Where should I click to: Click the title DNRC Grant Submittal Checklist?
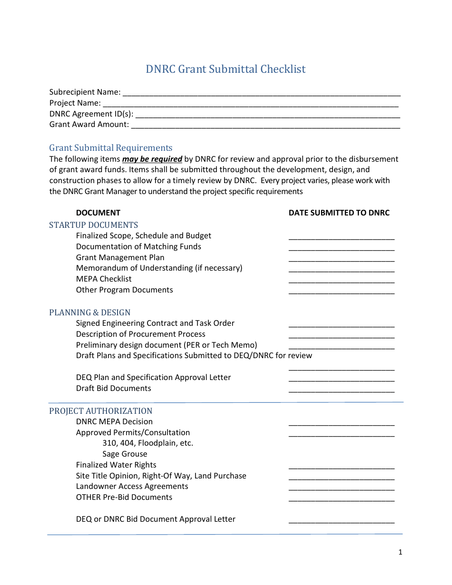(226, 69)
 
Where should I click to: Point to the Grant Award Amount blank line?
(265, 126)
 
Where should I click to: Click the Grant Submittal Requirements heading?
(111, 148)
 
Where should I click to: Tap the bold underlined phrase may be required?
(152, 159)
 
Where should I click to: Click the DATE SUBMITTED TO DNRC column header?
(339, 213)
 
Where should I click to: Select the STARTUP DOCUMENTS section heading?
(94, 225)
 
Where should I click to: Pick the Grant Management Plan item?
(120, 258)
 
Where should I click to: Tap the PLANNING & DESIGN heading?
(90, 312)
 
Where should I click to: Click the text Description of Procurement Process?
(140, 334)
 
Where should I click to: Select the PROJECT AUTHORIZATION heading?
(101, 411)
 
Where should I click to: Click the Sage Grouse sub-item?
(125, 454)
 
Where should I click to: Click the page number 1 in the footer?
(400, 552)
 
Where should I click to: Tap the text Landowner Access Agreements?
(132, 487)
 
